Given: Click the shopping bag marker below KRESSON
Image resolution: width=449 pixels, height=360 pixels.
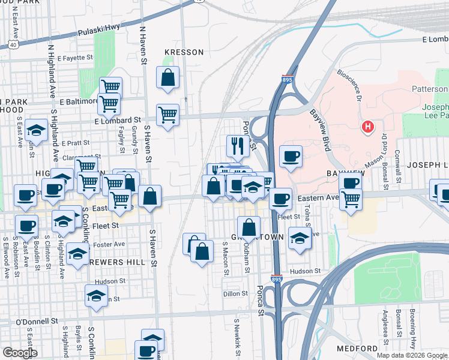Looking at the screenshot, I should click(167, 77).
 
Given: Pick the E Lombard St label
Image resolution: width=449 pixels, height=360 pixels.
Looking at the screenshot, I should click(118, 121).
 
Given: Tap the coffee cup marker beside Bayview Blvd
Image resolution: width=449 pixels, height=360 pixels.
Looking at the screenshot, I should click(291, 156).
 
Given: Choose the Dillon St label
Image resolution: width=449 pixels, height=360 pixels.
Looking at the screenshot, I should click(235, 293).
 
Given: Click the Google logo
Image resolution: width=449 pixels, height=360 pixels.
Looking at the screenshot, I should click(20, 352).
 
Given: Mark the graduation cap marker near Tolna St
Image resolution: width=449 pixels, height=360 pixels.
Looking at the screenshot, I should click(300, 238).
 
